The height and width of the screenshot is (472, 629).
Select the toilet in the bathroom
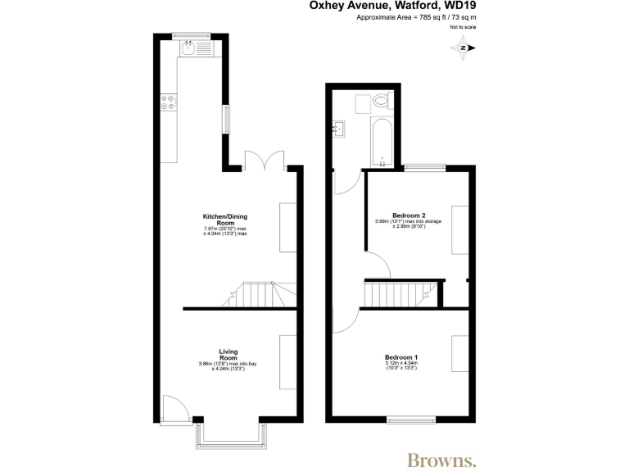381,102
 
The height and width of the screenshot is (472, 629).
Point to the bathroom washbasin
338,128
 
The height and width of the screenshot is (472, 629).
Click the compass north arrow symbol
464,48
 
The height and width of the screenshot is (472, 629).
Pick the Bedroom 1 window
412,420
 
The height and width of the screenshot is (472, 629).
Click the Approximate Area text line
416,17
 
